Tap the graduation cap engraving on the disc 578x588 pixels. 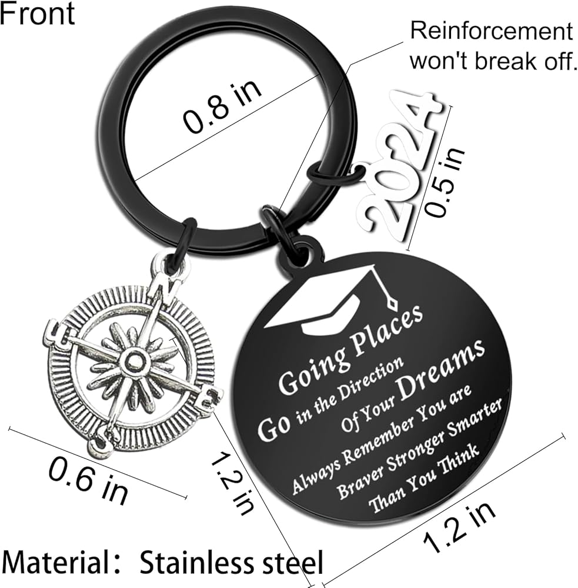point(329,300)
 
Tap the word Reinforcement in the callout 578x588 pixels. point(491,31)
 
